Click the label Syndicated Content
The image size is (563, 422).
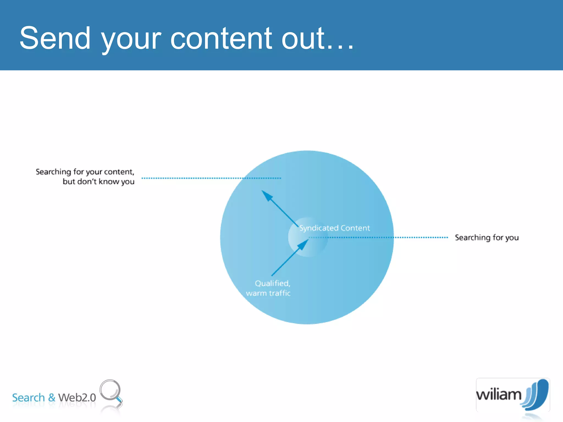click(x=334, y=228)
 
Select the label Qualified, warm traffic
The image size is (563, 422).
click(x=269, y=288)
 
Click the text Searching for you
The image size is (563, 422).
click(x=487, y=237)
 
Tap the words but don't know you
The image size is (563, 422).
click(x=98, y=182)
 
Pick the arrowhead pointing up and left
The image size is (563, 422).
click(x=266, y=195)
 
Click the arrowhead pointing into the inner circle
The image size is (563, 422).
click(x=303, y=244)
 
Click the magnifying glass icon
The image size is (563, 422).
click(x=111, y=391)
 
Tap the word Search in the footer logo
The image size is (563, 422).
click(x=28, y=398)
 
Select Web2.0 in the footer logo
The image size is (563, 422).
click(x=77, y=398)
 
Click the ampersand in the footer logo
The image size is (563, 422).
click(x=52, y=398)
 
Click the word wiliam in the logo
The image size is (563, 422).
click(x=498, y=395)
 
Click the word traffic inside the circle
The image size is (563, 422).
click(x=280, y=293)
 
